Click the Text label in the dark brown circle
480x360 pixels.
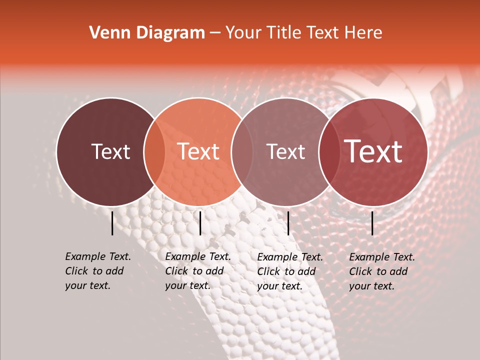pyautogui.click(x=111, y=151)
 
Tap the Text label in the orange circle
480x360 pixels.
pyautogui.click(x=198, y=151)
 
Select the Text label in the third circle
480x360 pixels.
pyautogui.click(x=286, y=151)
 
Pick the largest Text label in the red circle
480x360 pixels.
pyautogui.click(x=373, y=151)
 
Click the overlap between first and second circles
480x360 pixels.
pyautogui.click(x=154, y=152)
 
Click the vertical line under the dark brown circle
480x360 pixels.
pyautogui.click(x=112, y=223)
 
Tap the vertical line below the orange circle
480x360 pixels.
pyautogui.click(x=200, y=223)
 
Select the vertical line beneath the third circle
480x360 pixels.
pyautogui.click(x=288, y=223)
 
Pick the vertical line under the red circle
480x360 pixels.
pyautogui.click(x=372, y=223)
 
